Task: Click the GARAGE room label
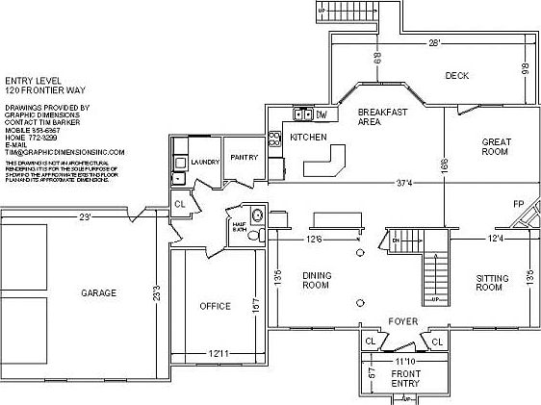pos(98,292)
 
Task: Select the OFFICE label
pos(215,306)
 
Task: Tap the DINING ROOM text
pos(317,280)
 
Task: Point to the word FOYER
pos(401,320)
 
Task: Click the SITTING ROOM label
pos(490,283)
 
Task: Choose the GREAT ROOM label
pos(495,146)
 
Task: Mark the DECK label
pos(456,75)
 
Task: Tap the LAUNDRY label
pos(204,163)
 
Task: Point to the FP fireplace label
pos(517,204)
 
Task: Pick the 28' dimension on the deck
pos(434,43)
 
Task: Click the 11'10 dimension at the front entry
pos(404,359)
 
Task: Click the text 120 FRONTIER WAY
pos(44,89)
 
